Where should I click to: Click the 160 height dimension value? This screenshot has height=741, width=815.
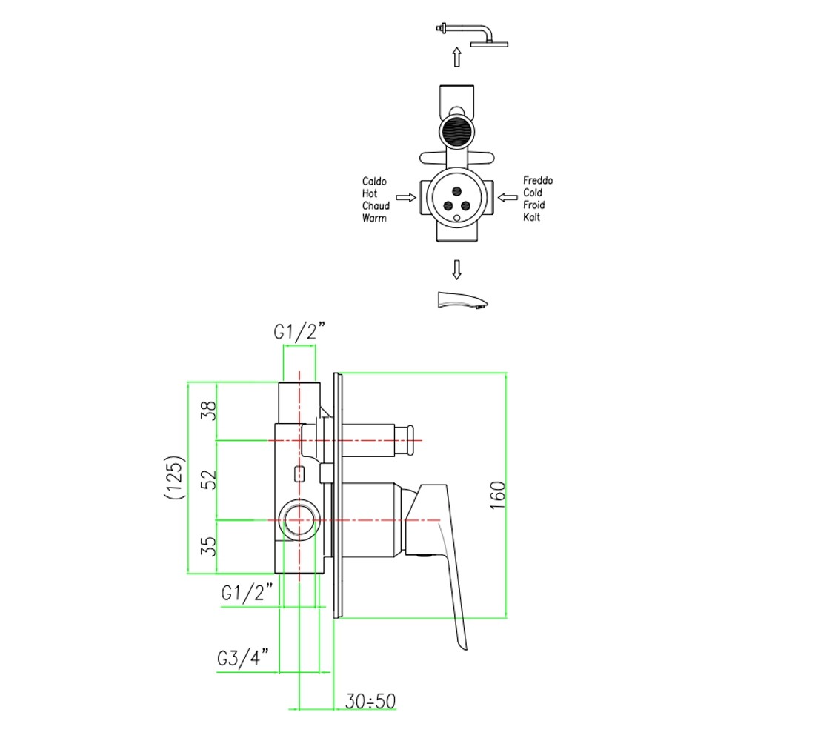click(497, 495)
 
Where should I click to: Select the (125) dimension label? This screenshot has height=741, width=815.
click(175, 477)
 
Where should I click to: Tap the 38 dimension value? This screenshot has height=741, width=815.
click(208, 411)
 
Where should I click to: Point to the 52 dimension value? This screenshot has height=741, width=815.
click(208, 479)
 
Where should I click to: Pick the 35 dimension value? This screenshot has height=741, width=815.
click(208, 546)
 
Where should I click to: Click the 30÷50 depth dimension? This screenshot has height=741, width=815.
click(370, 701)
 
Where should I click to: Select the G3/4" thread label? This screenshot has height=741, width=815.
click(243, 658)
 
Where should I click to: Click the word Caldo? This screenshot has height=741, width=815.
click(374, 181)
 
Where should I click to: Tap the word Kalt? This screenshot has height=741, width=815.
click(532, 217)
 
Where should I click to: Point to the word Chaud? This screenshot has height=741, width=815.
click(376, 205)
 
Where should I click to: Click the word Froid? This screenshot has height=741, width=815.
click(533, 205)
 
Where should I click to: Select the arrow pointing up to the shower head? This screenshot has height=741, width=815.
click(457, 57)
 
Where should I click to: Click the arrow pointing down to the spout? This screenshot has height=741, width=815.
click(457, 270)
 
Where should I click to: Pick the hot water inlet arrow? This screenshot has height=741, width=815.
click(406, 197)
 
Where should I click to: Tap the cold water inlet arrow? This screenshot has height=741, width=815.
click(508, 197)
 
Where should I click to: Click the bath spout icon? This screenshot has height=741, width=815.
click(462, 300)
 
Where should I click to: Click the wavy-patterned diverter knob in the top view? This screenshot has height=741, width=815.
click(457, 130)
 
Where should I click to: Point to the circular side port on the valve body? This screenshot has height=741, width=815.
click(299, 520)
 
